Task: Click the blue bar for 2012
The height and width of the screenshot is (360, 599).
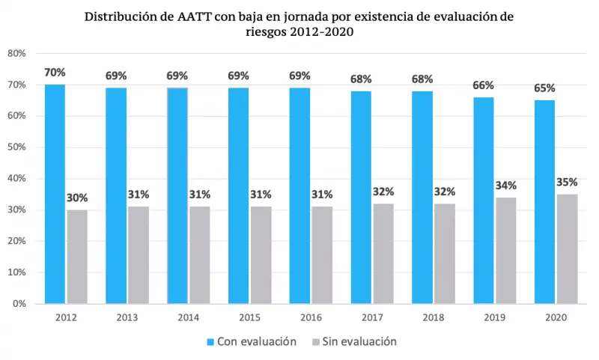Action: coord(55,194)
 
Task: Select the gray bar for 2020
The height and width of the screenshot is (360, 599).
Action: coord(567,248)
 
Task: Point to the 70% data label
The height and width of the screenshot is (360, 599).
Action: coord(55,73)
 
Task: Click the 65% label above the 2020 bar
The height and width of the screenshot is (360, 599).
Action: coord(544,88)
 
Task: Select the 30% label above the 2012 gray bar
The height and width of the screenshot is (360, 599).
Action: coord(77,198)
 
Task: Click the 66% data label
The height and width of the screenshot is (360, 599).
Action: coord(484,85)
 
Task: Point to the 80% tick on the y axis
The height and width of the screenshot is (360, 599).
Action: coord(17,53)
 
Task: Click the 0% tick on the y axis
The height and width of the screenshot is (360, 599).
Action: coord(20,304)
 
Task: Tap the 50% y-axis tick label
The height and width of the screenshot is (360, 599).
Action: coord(17,147)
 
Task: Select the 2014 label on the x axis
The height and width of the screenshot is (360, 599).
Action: coord(188,317)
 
